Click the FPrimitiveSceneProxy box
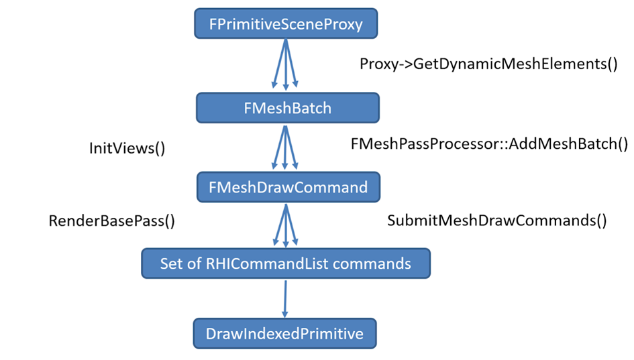pyautogui.click(x=286, y=25)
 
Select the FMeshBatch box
pyautogui.click(x=287, y=108)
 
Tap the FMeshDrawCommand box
pyautogui.click(x=288, y=187)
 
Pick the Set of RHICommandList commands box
pyautogui.click(x=285, y=263)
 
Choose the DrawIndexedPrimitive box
pyautogui.click(x=285, y=333)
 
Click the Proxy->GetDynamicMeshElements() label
pyautogui.click(x=488, y=64)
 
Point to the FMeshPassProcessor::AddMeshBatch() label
pyautogui.click(x=489, y=144)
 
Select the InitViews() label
pyautogui.click(x=127, y=148)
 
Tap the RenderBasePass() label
pyautogui.click(x=112, y=221)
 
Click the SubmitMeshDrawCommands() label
pyautogui.click(x=496, y=221)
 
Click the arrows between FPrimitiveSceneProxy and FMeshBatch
pyautogui.click(x=286, y=65)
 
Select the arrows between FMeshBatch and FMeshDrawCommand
pyautogui.click(x=286, y=147)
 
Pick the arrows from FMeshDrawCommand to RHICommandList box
pyautogui.click(x=286, y=225)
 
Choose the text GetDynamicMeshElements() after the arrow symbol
pyautogui.click(x=515, y=64)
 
